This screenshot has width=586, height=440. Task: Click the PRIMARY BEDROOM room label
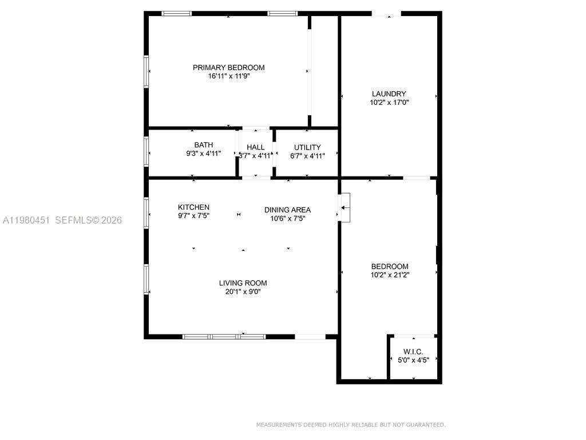tap(228, 68)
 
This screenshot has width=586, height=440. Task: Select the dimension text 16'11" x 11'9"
tap(228, 76)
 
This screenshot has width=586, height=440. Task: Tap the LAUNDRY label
tap(389, 94)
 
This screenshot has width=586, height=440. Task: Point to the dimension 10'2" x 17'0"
tap(389, 103)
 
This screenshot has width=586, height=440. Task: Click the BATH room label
tap(204, 145)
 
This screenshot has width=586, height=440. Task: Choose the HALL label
tap(256, 147)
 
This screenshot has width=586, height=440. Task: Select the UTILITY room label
tap(307, 147)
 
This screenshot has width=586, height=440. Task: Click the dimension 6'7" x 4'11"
tap(307, 156)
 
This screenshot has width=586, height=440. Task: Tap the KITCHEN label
tap(193, 207)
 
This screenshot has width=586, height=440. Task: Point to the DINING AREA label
tap(287, 210)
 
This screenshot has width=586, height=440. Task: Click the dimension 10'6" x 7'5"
tap(288, 218)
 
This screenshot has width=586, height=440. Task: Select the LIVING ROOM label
tap(243, 283)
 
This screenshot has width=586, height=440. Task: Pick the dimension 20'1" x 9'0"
tap(243, 292)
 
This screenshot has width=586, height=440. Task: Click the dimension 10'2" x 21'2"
tap(390, 275)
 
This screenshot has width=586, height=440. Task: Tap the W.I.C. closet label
tap(413, 352)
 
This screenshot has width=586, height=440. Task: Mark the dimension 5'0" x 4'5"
tap(413, 360)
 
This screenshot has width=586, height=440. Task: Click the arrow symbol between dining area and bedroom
tap(344, 207)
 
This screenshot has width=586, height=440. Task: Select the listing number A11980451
tap(26, 221)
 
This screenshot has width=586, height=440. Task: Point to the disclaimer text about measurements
tap(351, 425)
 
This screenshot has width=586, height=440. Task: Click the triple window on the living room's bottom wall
tap(224, 337)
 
